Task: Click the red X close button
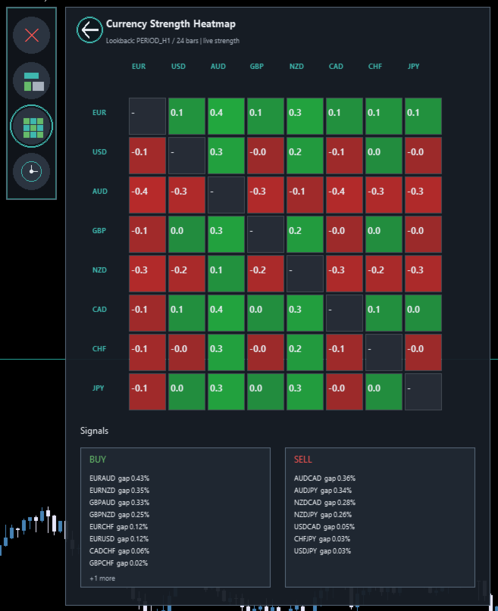31,35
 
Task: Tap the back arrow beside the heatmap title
89,30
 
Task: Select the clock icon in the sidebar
31,171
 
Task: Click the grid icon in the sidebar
31,126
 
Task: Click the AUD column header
218,66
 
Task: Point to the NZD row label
99,270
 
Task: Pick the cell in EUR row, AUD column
226,116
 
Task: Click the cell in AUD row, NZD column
305,195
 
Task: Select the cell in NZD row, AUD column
226,273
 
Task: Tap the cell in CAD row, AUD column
226,313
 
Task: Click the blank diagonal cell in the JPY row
423,391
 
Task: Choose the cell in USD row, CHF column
384,155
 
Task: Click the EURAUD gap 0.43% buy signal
119,478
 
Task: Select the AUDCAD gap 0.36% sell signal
325,478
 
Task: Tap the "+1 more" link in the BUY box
102,578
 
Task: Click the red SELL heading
303,460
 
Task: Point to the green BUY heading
98,460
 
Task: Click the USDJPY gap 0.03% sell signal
322,551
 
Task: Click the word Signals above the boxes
95,431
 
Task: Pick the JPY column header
413,66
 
